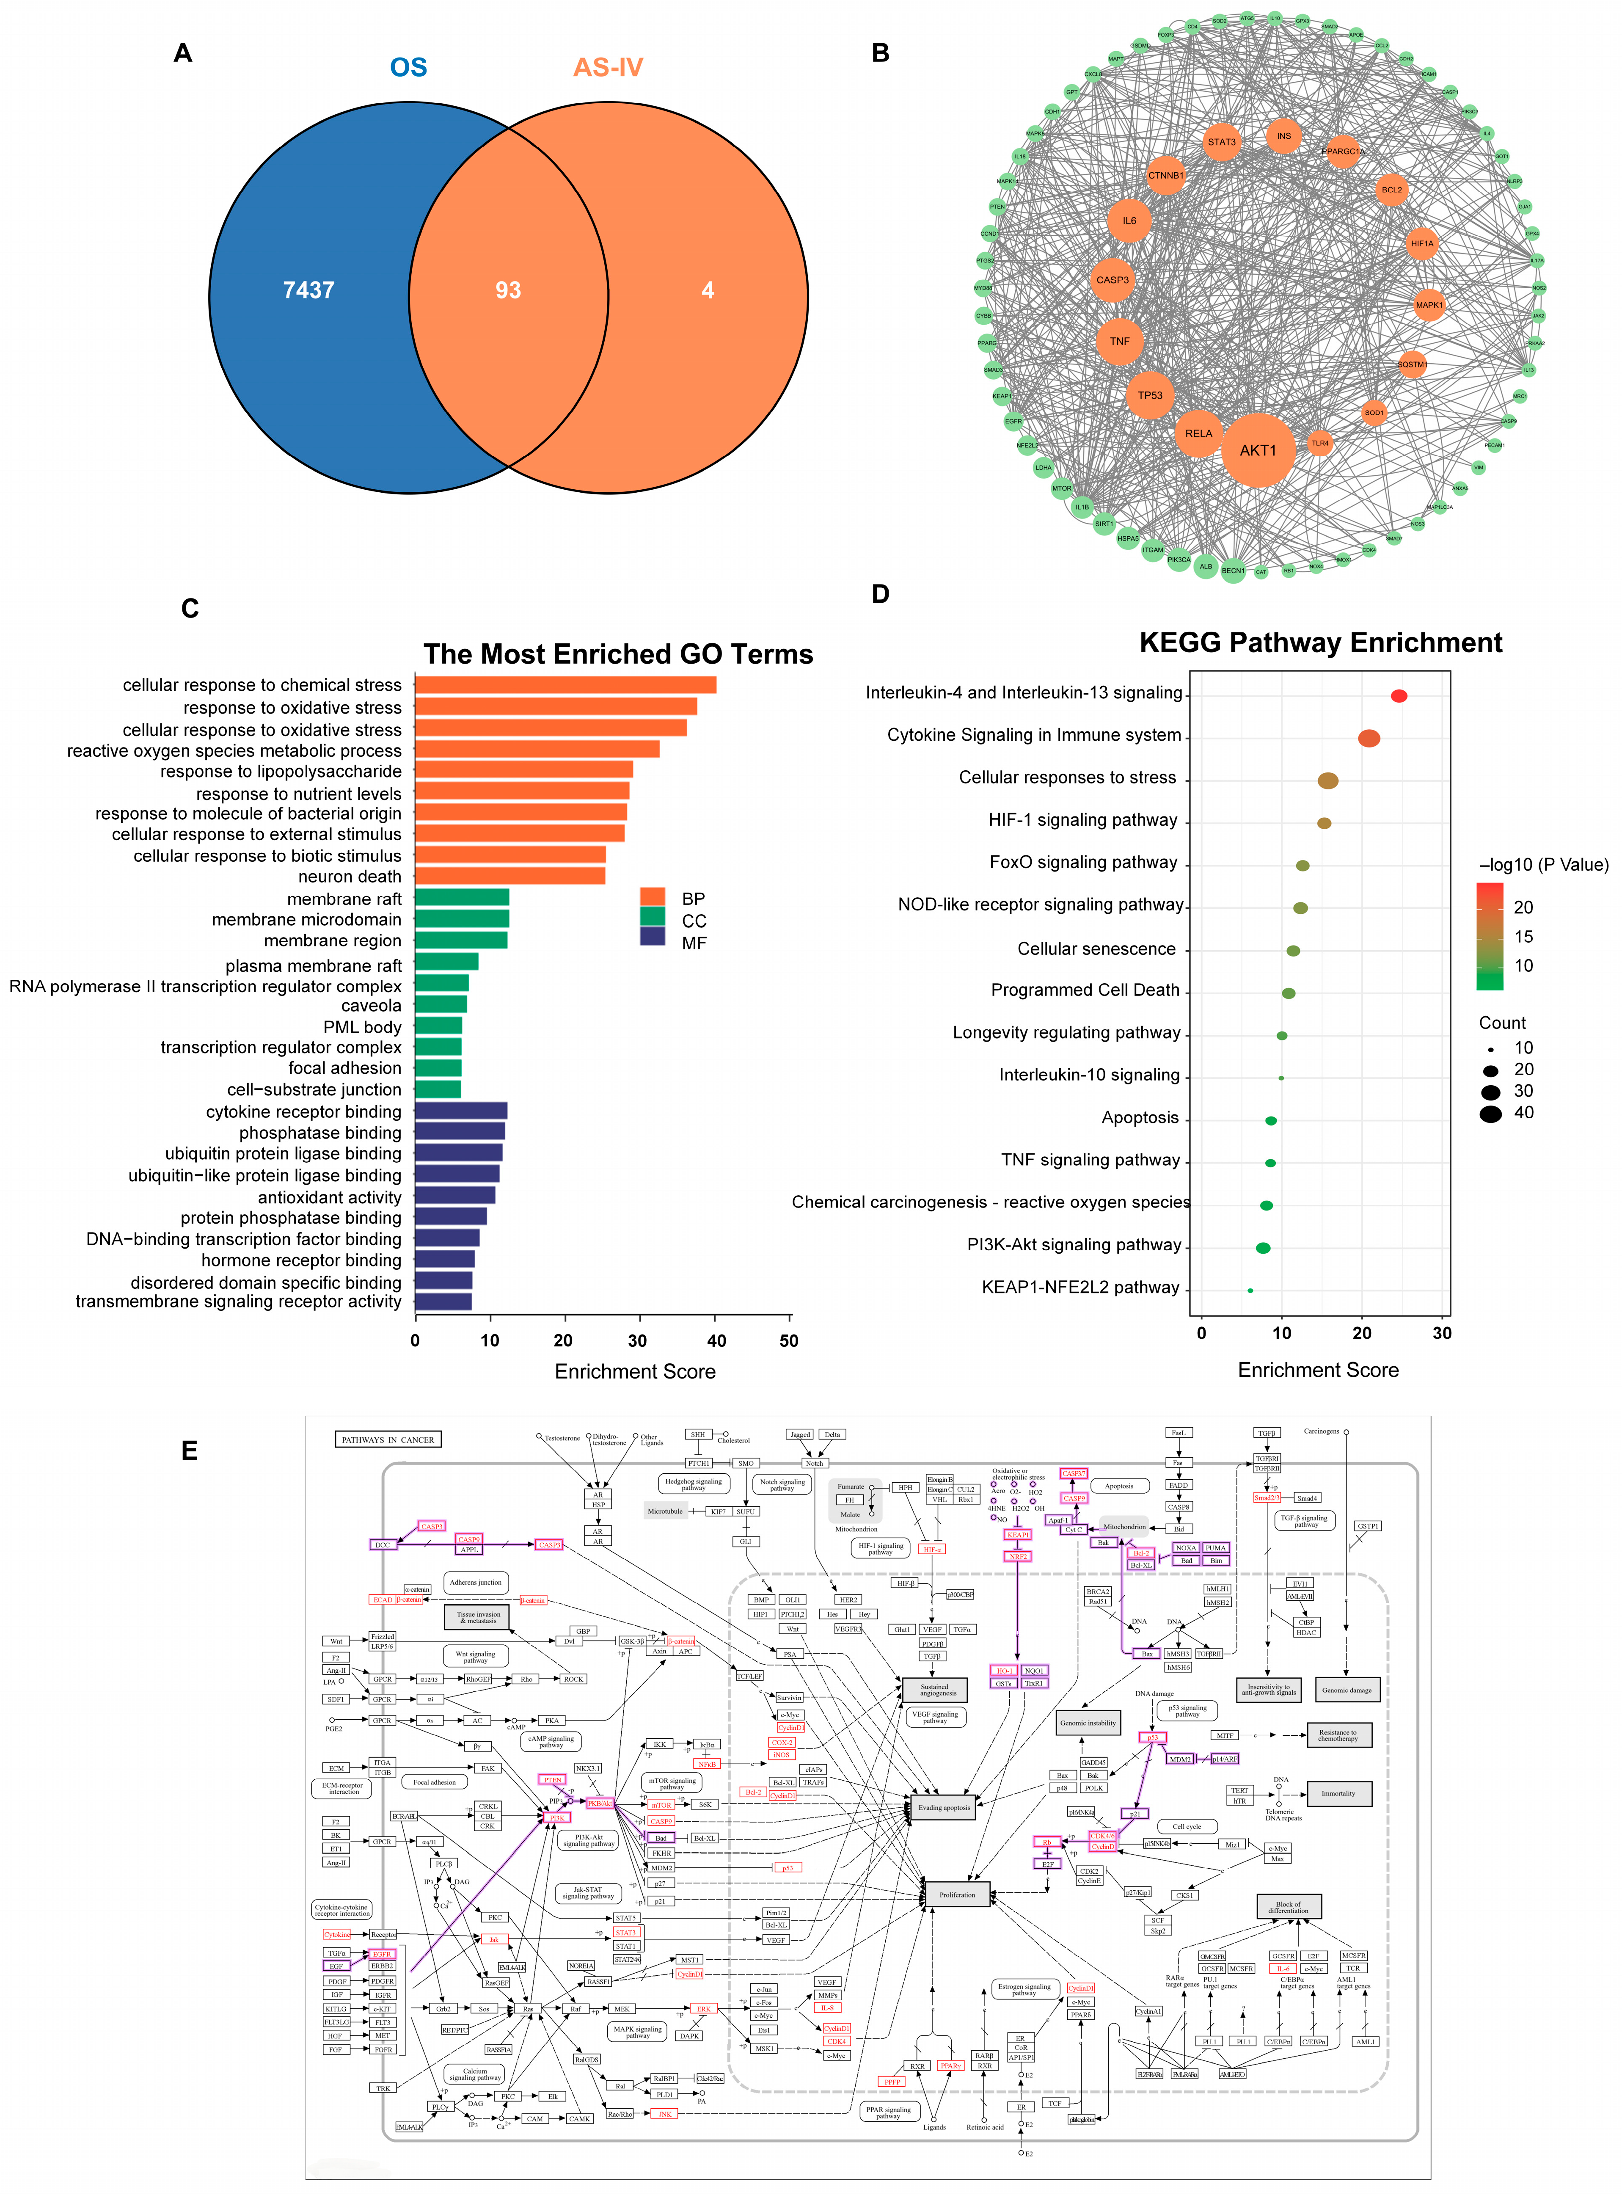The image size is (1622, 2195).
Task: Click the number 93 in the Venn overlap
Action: coord(508,291)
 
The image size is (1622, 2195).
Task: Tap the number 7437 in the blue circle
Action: coord(308,291)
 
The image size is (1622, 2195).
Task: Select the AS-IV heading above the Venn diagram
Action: coord(608,68)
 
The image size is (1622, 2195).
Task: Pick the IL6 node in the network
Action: coord(1129,221)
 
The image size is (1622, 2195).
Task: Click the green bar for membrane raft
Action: coord(462,898)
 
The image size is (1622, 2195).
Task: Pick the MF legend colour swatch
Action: coord(652,936)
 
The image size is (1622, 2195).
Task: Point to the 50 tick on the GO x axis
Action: coord(788,1340)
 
